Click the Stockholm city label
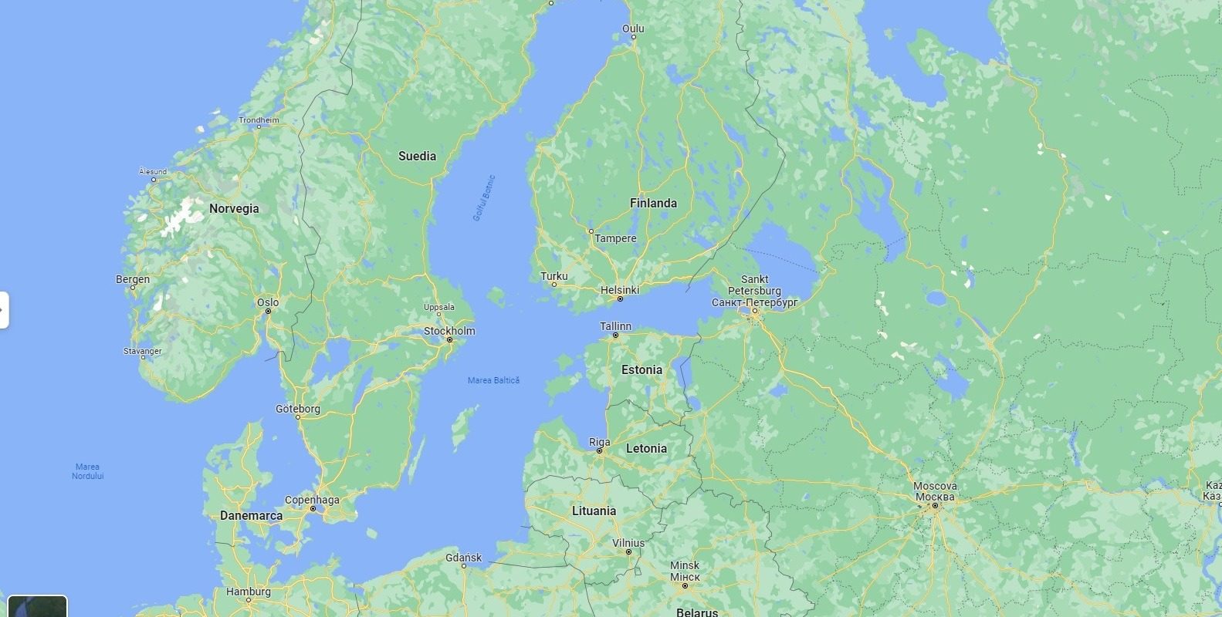coord(449,331)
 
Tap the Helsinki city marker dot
coord(620,298)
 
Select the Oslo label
coord(268,302)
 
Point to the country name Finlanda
coord(653,203)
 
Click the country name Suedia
coord(417,156)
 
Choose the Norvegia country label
coord(234,208)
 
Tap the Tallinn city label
coord(615,326)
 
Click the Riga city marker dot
coord(599,451)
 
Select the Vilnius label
coord(628,543)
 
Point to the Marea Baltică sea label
coord(493,380)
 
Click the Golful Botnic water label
coord(483,199)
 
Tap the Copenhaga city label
coord(312,500)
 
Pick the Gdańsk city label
coord(463,558)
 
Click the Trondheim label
coord(259,120)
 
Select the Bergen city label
coord(133,279)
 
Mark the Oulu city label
coord(633,29)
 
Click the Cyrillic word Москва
coord(935,497)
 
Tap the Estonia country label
coord(641,369)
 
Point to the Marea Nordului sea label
coord(87,471)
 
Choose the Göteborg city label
coord(297,409)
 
